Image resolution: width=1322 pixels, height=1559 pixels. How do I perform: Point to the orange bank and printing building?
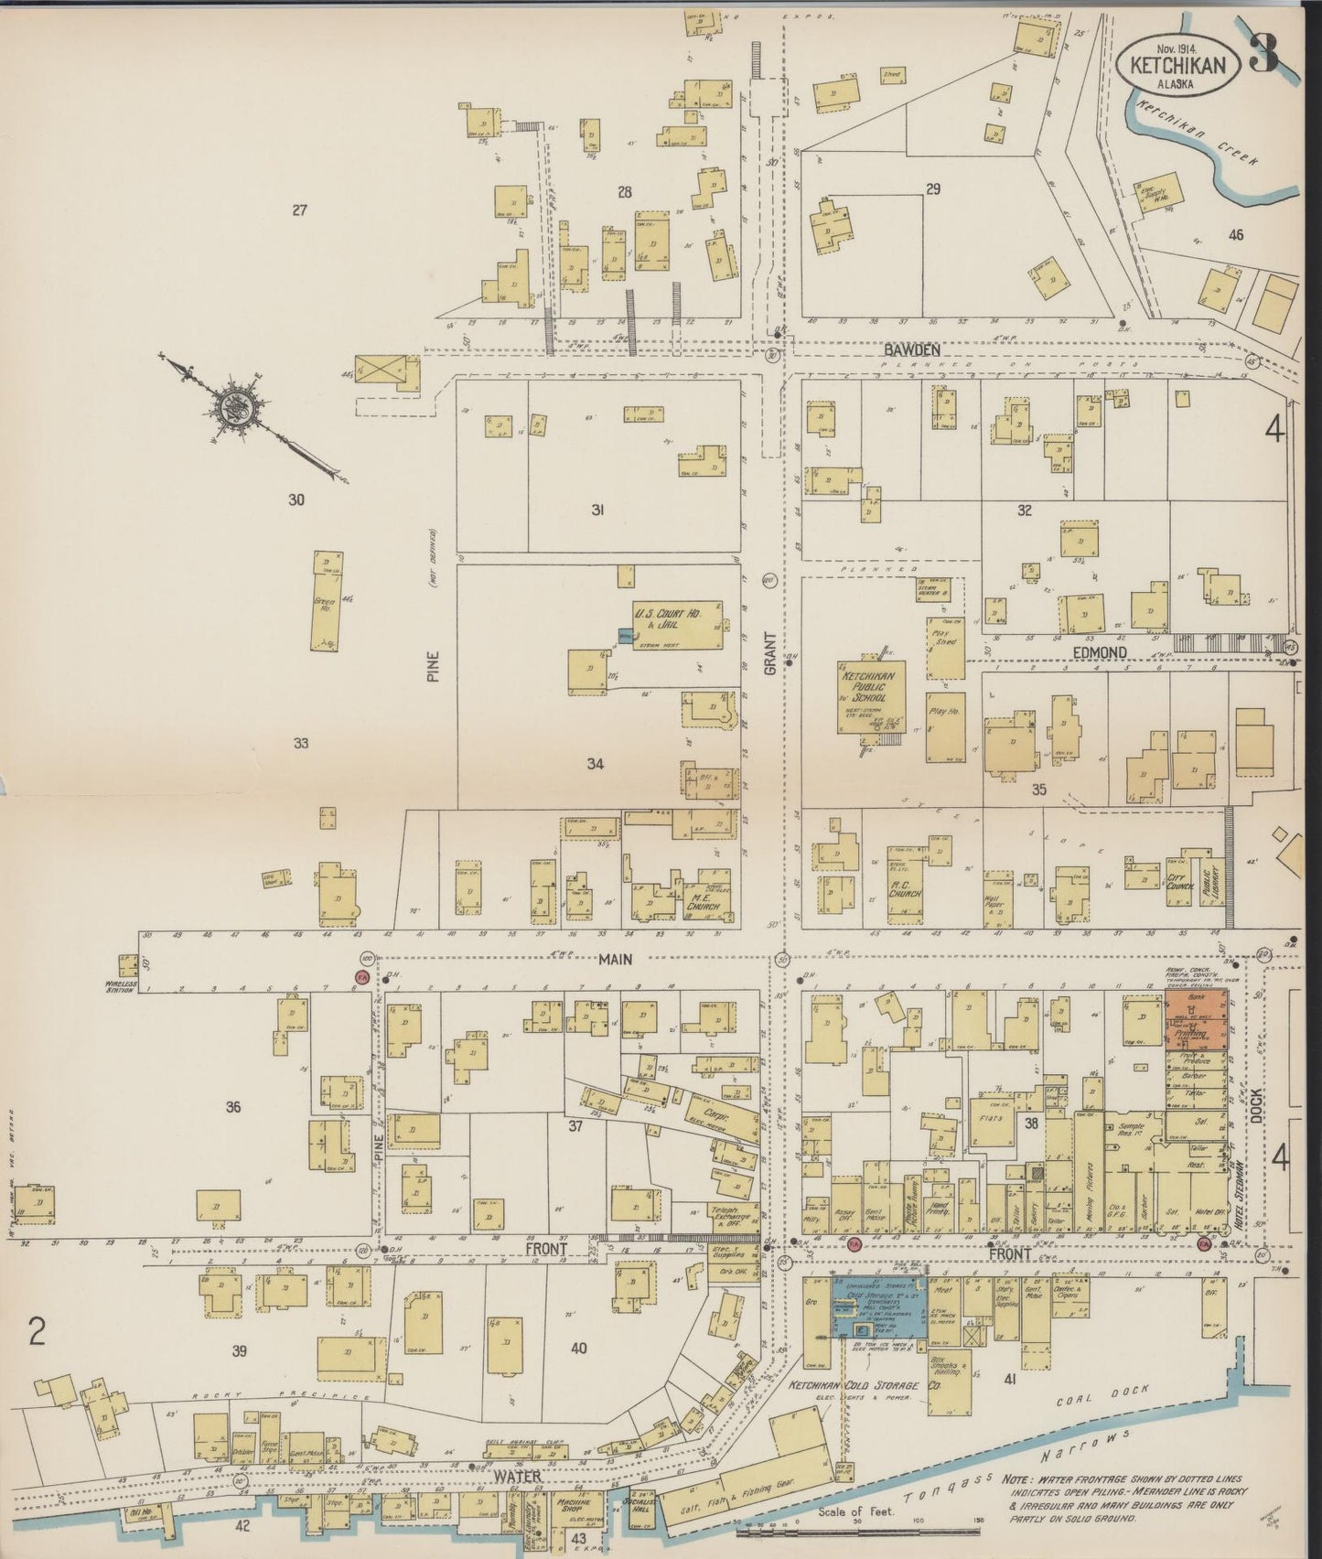(1198, 1020)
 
